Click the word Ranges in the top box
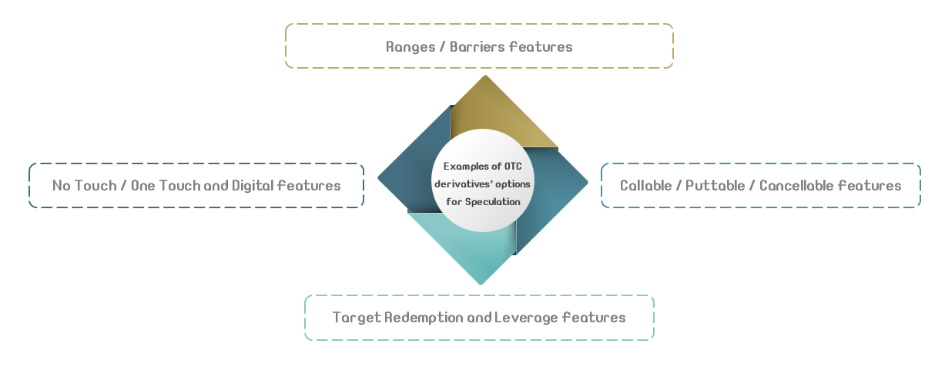pyautogui.click(x=411, y=47)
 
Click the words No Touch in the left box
pyautogui.click(x=85, y=186)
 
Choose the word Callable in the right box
pyautogui.click(x=646, y=186)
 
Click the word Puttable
pyautogui.click(x=715, y=186)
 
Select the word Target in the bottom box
pyautogui.click(x=357, y=318)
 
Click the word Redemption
pyautogui.click(x=424, y=318)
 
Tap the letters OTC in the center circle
pyautogui.click(x=513, y=167)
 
